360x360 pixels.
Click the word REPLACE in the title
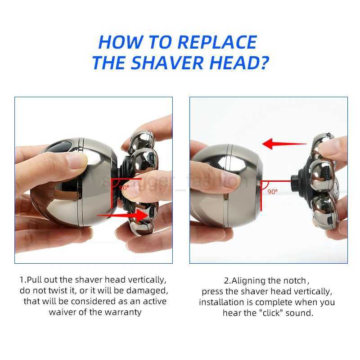[217, 42]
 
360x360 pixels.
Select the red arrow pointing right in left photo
[121, 216]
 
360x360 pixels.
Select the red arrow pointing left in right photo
[283, 144]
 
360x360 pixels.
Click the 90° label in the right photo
[273, 191]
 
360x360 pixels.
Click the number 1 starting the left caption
[22, 279]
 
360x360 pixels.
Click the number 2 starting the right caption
[226, 280]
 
